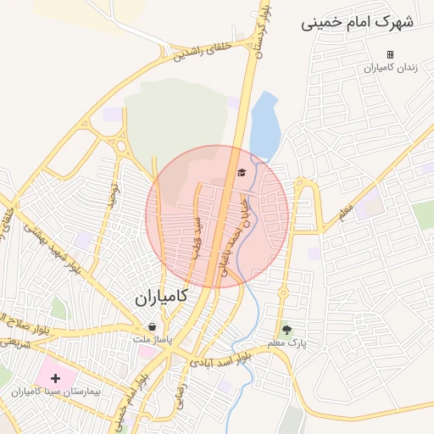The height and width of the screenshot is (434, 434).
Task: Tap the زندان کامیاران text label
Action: click(391, 68)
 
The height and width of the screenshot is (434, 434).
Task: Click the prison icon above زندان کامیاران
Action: click(391, 54)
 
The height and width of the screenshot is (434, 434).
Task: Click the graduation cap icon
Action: click(241, 173)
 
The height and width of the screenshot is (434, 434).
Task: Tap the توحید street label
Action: click(110, 195)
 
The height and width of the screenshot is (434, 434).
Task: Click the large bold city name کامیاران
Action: click(160, 298)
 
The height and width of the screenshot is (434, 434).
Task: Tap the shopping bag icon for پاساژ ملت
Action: click(152, 326)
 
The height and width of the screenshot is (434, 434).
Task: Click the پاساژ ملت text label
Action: click(152, 339)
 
